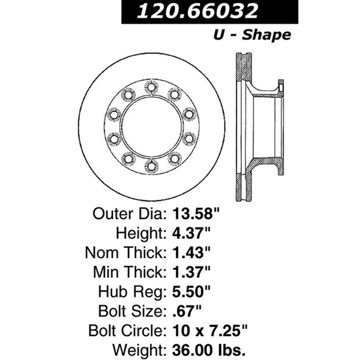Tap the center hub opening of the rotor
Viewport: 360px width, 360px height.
click(x=151, y=126)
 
